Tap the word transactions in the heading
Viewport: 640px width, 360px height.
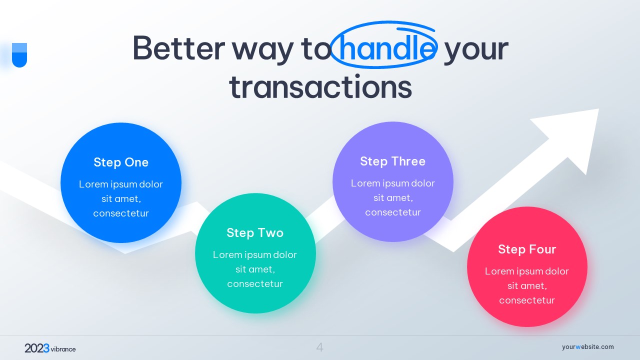[x=320, y=87]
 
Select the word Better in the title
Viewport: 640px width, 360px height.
[x=179, y=48]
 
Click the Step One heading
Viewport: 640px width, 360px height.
[x=121, y=162]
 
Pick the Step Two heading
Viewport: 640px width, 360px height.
[x=255, y=233]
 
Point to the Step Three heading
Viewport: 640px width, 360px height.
[x=393, y=161]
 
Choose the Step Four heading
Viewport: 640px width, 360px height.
[x=527, y=249]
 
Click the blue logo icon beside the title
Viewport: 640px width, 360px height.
[x=19, y=55]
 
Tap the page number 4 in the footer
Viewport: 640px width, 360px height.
[x=319, y=347]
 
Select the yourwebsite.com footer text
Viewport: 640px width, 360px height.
[x=587, y=347]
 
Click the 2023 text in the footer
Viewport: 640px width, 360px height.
[x=37, y=348]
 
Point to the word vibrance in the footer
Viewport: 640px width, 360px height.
[x=63, y=349]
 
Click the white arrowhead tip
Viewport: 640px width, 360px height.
[x=598, y=109]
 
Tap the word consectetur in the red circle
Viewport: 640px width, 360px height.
[x=527, y=300]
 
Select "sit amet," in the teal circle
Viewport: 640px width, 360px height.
[x=255, y=269]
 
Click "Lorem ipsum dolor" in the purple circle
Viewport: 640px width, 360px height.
[x=393, y=183]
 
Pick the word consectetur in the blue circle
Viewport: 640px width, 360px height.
[x=121, y=213]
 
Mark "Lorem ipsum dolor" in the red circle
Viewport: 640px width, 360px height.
[x=527, y=271]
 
